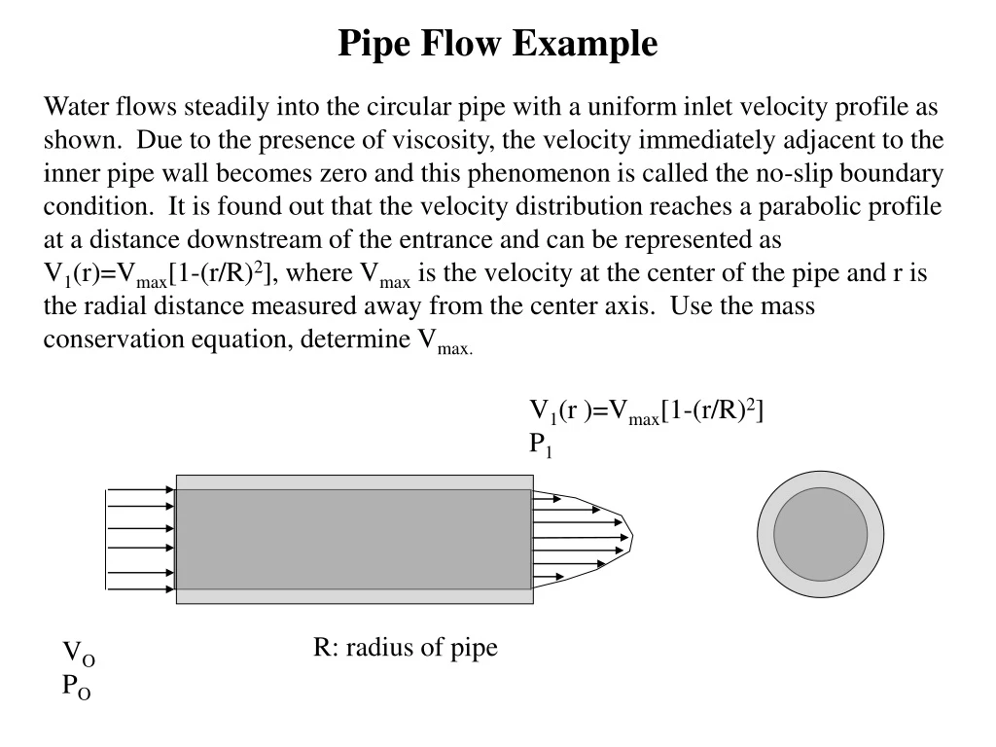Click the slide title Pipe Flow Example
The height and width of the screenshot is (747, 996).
tap(497, 45)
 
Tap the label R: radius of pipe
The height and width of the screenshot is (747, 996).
tap(405, 648)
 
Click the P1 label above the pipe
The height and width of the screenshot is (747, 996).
tap(540, 445)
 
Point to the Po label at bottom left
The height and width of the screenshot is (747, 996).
tap(77, 687)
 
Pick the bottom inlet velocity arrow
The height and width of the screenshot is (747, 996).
tap(141, 587)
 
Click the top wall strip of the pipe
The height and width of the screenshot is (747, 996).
tap(354, 482)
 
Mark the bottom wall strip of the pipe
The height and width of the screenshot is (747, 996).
tap(354, 596)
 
